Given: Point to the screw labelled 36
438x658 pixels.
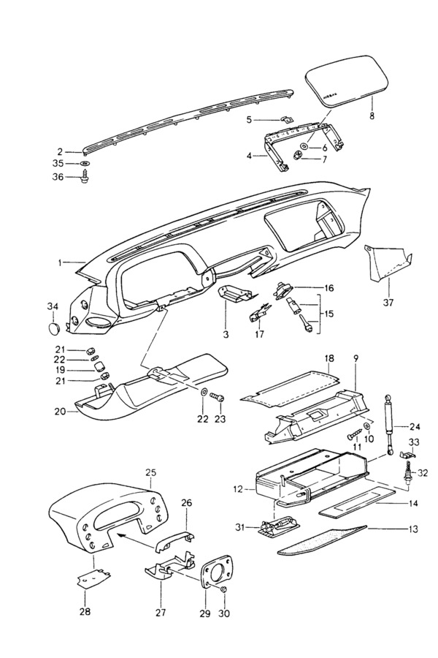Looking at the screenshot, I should click(86, 176).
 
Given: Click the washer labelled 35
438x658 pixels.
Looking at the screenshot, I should click(85, 162).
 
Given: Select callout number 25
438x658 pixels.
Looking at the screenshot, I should click(151, 472).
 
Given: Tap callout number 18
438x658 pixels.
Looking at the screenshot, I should click(328, 359).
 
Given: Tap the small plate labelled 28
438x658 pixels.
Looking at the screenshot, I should click(91, 578).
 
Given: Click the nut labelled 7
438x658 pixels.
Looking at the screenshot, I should click(299, 157).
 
